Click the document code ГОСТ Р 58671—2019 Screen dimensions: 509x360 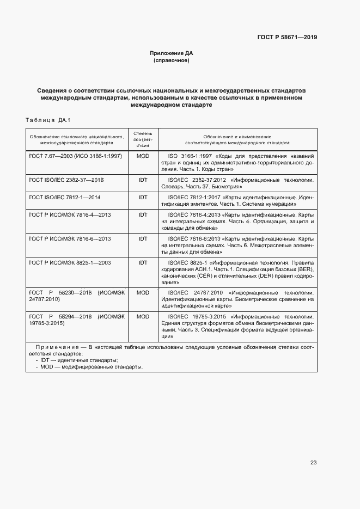(287, 38)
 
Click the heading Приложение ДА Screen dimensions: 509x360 (172, 53)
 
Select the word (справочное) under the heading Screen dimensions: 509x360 (172, 60)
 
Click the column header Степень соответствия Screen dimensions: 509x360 (143, 139)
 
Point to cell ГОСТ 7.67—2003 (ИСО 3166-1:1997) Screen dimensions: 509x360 (75, 156)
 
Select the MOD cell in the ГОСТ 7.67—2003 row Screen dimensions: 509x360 (143, 156)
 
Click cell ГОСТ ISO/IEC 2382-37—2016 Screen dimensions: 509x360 (66, 179)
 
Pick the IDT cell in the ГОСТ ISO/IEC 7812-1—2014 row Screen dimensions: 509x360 (143, 197)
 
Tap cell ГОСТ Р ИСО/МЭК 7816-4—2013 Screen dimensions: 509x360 (70, 215)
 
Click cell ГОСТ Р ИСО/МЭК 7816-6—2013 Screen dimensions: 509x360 (70, 239)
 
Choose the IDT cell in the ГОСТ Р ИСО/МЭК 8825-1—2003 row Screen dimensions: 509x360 (143, 262)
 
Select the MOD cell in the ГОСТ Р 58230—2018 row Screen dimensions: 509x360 (143, 292)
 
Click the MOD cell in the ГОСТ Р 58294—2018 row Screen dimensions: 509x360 (143, 316)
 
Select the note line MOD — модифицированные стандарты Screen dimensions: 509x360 (91, 367)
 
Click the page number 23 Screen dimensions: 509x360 (313, 463)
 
